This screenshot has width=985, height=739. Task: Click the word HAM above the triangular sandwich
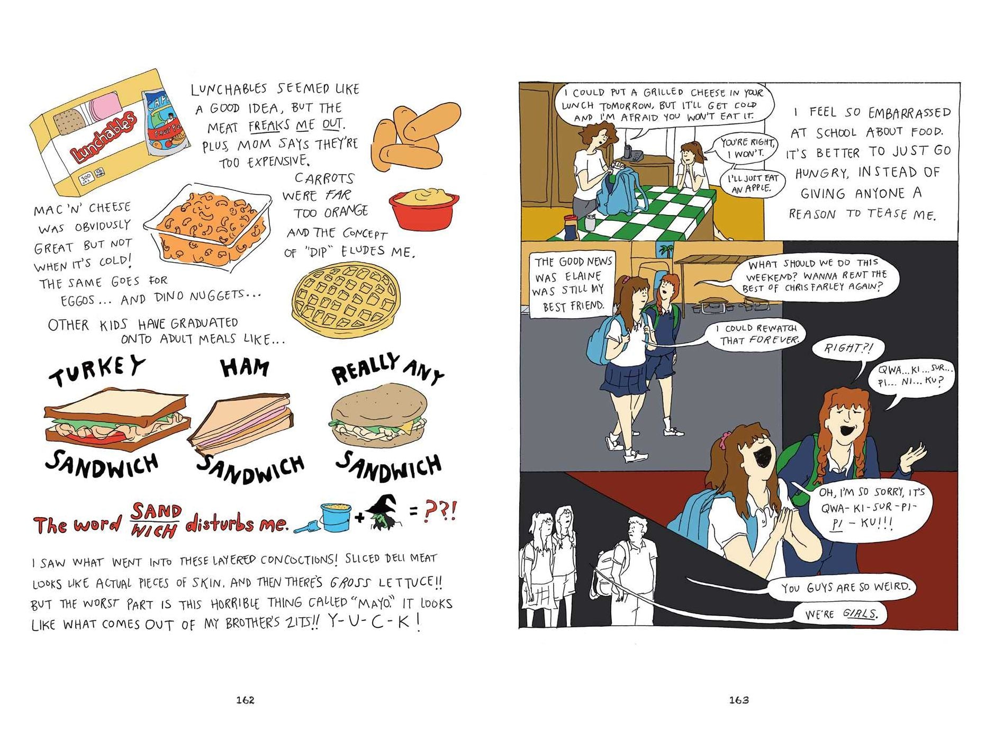(245, 367)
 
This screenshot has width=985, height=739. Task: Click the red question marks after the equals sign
(440, 512)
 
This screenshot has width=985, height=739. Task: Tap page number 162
(245, 700)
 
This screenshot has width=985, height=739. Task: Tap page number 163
(739, 700)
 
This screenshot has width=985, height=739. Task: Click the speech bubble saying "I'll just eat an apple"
(752, 183)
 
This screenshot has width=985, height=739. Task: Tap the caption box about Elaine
(572, 283)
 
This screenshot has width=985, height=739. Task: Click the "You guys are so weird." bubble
(845, 587)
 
